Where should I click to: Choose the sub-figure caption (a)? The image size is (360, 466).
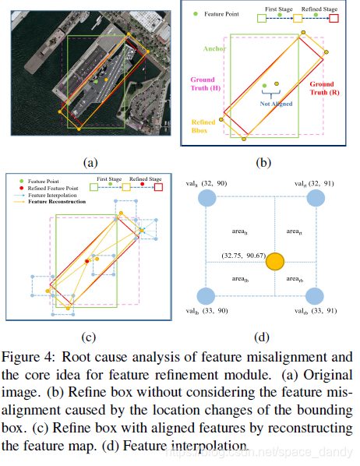point(90,162)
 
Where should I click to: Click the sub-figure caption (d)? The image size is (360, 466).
point(262,337)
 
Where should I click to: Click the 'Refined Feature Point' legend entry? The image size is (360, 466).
point(48,187)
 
